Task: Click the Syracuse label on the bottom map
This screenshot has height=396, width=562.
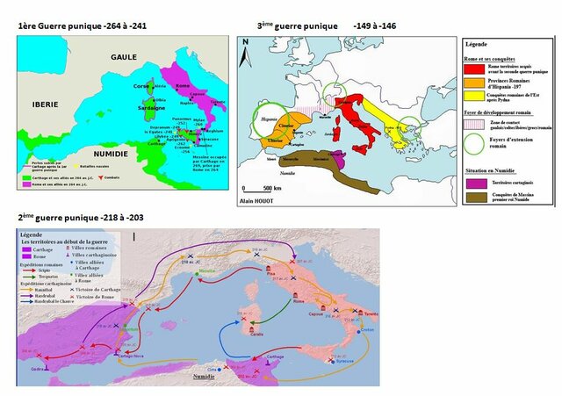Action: (342, 359)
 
